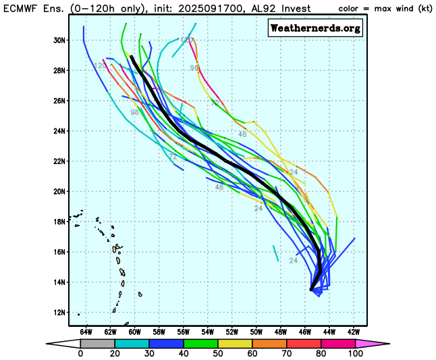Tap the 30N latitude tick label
coord(59,40)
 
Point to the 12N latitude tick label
coord(59,312)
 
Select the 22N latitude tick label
coord(59,161)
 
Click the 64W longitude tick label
coord(86,332)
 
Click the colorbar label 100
coord(355,353)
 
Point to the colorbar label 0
coord(80,353)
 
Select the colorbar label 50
coord(217,353)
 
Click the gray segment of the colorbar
coord(94,343)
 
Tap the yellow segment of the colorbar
coord(231,343)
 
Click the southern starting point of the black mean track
coord(311,289)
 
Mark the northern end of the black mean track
coord(132,57)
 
